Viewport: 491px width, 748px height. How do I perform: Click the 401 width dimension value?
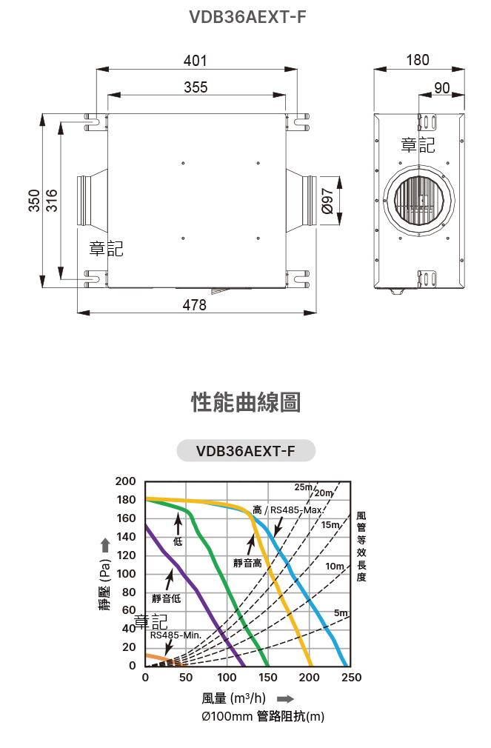(196, 61)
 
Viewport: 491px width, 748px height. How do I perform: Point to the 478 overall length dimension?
(195, 304)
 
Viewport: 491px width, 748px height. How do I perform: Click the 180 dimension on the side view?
(418, 60)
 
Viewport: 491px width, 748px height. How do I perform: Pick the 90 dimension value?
(441, 87)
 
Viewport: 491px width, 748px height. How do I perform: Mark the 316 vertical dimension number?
(52, 201)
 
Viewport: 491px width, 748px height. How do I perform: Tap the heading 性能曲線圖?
(246, 403)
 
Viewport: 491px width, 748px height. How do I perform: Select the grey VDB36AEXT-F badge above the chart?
(246, 450)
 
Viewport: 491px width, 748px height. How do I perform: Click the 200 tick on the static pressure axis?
(126, 481)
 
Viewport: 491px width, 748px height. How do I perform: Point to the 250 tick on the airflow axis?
(352, 678)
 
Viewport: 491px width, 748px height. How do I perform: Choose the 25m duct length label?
(304, 487)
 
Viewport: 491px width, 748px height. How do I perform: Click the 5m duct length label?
(341, 613)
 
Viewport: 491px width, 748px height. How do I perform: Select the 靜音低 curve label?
(166, 598)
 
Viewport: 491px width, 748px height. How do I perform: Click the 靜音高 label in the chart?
(247, 563)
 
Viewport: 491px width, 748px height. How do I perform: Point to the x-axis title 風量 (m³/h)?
(233, 698)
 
